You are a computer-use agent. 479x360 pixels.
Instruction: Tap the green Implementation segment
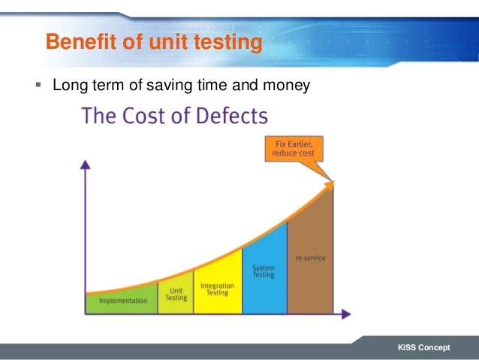click(x=122, y=301)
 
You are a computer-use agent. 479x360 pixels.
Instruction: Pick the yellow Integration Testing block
click(x=218, y=289)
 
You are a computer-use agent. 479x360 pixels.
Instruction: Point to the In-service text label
click(x=311, y=259)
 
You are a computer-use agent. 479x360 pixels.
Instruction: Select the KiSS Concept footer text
click(x=424, y=348)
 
